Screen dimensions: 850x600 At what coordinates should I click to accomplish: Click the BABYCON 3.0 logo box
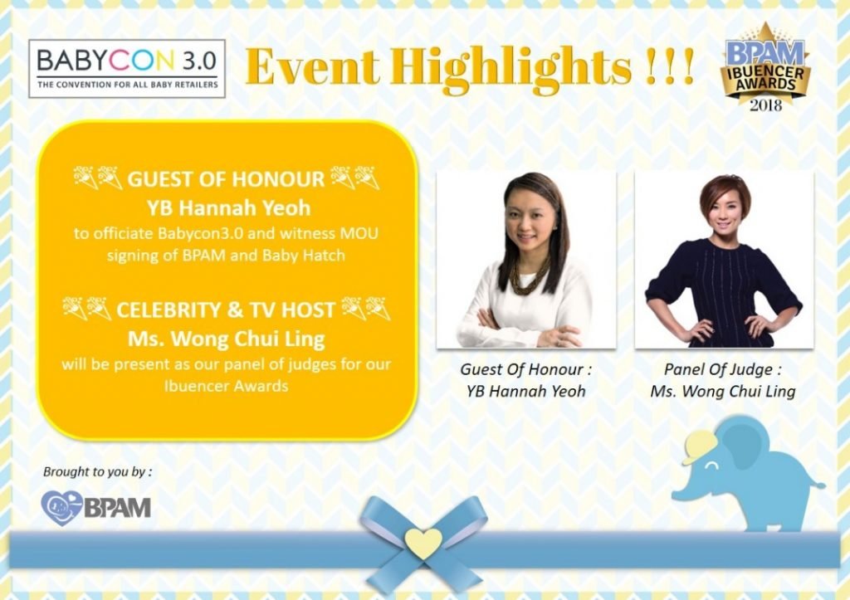[127, 69]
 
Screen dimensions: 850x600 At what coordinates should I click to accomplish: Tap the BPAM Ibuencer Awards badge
[765, 64]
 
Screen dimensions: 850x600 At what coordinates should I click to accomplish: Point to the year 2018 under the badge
[765, 104]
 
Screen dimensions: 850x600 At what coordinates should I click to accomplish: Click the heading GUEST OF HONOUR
[226, 179]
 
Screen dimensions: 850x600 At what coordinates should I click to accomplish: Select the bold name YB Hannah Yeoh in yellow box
[228, 207]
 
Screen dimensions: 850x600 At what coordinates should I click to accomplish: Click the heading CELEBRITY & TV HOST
[226, 310]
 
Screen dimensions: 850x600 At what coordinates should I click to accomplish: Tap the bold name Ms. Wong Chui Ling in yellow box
[226, 339]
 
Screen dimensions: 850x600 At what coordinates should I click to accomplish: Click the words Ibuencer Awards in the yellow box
[226, 386]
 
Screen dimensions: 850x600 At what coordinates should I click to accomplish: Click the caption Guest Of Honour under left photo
[525, 369]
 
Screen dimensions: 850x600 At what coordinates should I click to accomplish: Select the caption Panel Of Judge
[723, 369]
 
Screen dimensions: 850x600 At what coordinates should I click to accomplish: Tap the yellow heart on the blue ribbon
[423, 543]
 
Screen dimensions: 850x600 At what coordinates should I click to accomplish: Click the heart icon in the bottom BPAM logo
[61, 508]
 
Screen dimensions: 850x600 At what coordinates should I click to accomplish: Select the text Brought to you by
[97, 471]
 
